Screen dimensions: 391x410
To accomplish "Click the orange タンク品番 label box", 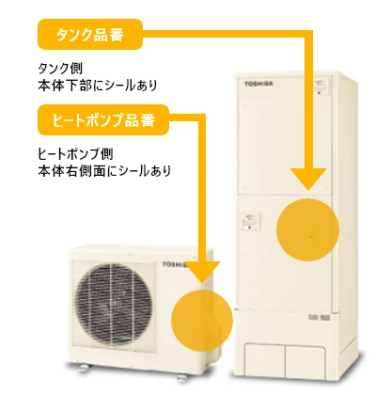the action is point(90,34).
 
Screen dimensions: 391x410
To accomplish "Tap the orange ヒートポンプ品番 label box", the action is point(103,119).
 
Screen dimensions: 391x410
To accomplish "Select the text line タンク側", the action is point(60,68).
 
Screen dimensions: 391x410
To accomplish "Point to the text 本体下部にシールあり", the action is point(98,86).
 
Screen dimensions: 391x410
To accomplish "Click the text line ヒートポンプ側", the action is point(75,154).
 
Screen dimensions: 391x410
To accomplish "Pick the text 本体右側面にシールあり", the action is point(104,171).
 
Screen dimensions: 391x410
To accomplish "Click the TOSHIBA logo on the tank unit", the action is point(258,84).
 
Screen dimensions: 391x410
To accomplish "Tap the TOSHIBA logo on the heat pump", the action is point(175,264).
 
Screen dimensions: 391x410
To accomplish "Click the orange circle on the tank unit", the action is point(307,229).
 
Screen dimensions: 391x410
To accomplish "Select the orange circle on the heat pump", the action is point(202,320).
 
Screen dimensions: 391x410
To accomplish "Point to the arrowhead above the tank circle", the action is point(308,179).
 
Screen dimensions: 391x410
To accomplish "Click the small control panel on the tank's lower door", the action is point(250,221).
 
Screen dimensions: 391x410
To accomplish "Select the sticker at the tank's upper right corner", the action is point(321,86).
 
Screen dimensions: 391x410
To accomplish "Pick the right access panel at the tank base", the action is point(305,361).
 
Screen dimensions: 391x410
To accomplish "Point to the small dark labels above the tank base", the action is point(320,317).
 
